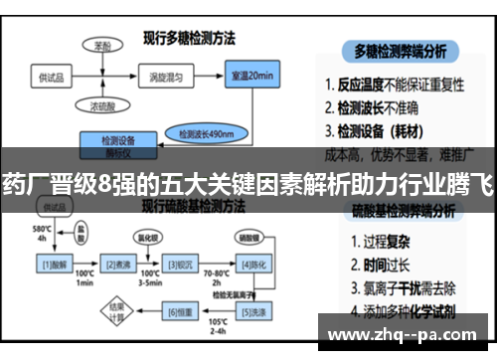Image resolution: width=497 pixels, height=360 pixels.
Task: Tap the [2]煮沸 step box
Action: point(121,265)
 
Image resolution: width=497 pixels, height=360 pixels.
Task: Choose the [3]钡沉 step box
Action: point(185,265)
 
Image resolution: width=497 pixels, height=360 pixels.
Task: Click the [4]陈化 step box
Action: point(252,265)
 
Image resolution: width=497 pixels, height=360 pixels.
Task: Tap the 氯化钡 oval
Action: point(147,239)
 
